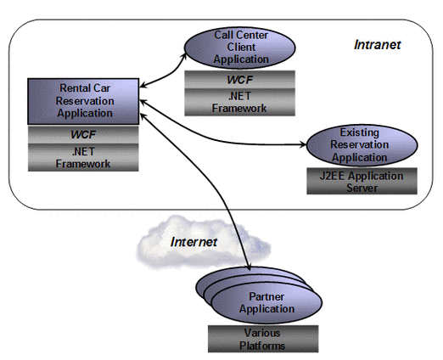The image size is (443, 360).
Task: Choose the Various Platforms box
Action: pyautogui.click(x=261, y=339)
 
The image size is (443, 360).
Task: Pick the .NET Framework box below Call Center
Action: pyautogui.click(x=240, y=102)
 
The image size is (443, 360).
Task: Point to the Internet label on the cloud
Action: pyautogui.click(x=194, y=242)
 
